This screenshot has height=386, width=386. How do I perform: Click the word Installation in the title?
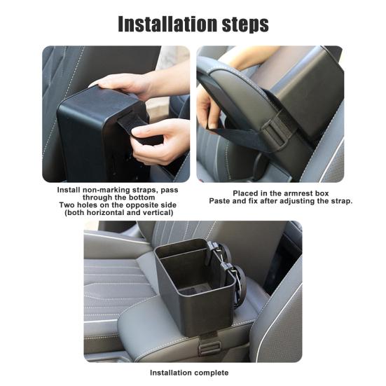168,24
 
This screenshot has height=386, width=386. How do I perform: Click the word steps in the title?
245,25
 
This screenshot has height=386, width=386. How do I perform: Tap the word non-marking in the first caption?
106,190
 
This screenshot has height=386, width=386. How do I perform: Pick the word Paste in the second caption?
220,201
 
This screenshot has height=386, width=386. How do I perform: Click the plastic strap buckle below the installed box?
209,348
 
